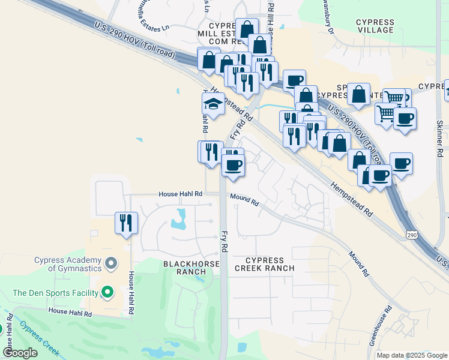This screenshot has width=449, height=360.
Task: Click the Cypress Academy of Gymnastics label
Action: pyautogui.click(x=68, y=263)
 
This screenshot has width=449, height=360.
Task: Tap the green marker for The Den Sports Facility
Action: pyautogui.click(x=107, y=293)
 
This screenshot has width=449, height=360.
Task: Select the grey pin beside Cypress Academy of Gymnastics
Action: pyautogui.click(x=110, y=263)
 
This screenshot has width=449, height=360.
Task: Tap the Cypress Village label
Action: pyautogui.click(x=375, y=26)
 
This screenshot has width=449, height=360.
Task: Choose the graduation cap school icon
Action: pyautogui.click(x=214, y=103)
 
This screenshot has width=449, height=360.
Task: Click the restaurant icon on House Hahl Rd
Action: pyautogui.click(x=126, y=222)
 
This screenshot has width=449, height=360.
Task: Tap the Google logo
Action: pyautogui.click(x=20, y=352)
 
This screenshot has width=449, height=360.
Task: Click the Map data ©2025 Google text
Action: pyautogui.click(x=412, y=355)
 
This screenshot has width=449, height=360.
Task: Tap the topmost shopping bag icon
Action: pyautogui.click(x=247, y=28)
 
